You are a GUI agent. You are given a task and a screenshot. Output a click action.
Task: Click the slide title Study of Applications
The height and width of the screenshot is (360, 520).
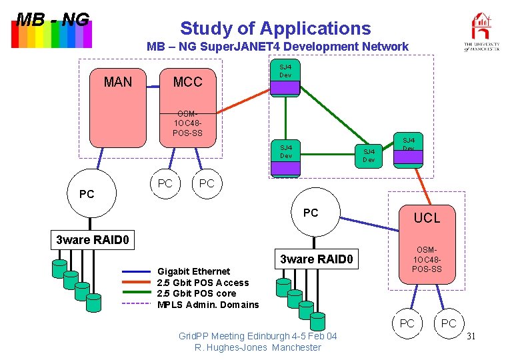275,29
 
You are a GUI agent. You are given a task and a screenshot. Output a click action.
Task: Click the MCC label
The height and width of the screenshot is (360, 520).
187,83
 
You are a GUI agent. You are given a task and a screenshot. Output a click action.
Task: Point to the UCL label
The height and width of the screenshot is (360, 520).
427,218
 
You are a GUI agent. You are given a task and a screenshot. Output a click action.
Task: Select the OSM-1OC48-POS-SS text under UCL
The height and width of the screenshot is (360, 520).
427,259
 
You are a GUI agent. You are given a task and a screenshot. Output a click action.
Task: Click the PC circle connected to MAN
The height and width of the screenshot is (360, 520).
87,195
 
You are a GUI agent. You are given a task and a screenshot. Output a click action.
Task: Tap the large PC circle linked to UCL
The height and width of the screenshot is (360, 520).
311,213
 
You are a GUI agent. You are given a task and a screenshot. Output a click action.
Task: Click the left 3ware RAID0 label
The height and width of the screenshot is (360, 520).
92,239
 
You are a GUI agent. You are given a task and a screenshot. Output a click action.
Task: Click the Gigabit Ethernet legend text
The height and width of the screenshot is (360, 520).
193,271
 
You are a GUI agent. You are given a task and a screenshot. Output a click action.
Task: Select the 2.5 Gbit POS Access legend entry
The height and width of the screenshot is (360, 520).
203,283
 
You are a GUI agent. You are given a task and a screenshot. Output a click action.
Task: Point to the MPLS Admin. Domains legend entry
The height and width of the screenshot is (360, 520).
207,305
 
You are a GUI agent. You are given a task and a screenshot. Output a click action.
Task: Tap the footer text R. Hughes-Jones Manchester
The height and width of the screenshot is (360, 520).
258,347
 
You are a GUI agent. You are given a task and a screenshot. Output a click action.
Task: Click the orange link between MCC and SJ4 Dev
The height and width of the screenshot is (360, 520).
244,99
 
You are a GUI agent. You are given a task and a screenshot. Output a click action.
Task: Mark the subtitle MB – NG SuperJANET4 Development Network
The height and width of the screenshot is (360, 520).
277,47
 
